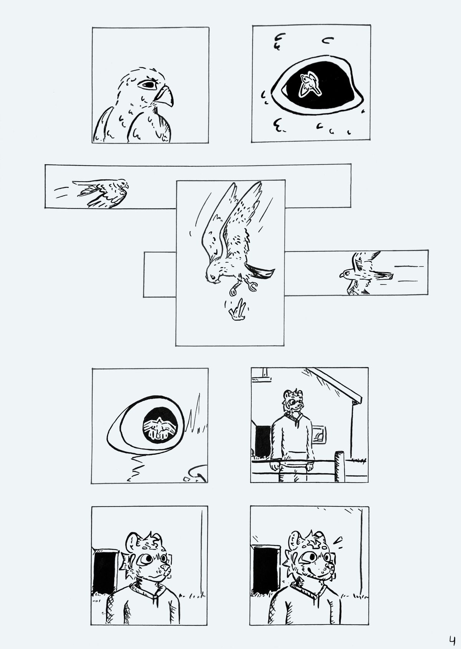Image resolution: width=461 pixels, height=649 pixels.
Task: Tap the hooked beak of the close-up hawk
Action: pyautogui.click(x=164, y=96)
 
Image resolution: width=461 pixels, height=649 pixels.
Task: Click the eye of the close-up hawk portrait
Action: pyautogui.click(x=148, y=85)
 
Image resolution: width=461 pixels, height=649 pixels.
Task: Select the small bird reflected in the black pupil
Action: pyautogui.click(x=309, y=83)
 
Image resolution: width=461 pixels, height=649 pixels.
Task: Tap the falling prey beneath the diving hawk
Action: pyautogui.click(x=237, y=311)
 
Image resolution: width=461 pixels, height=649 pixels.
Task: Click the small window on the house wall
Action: pyautogui.click(x=319, y=435)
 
